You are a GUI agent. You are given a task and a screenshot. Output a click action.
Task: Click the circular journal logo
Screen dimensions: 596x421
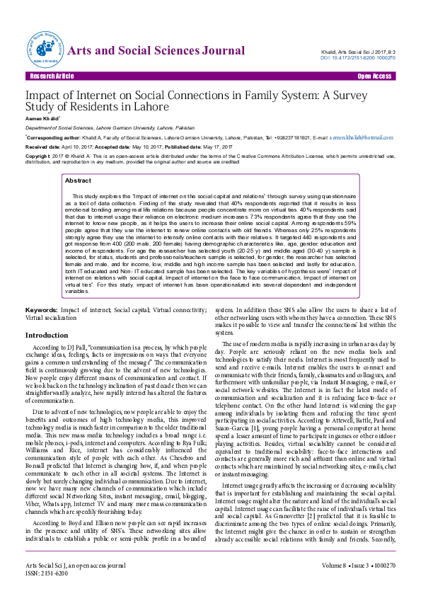[x=45, y=49]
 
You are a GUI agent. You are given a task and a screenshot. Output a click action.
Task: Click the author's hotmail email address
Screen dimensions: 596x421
[x=362, y=137]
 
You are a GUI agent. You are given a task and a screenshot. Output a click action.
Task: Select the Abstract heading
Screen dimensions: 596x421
[x=79, y=181]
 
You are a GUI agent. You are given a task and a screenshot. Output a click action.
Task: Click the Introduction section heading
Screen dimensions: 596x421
[x=47, y=335]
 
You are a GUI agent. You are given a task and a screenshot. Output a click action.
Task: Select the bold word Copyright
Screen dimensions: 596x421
[x=39, y=155]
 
